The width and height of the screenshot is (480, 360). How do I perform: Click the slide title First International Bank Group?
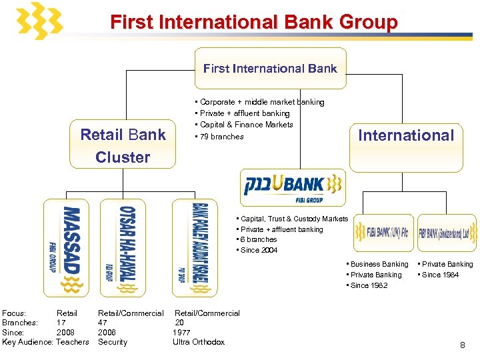(x=253, y=22)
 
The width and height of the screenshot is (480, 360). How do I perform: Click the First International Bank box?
(x=270, y=68)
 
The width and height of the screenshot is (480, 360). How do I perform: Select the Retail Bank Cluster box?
(x=123, y=146)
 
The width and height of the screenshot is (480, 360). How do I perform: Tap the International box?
(x=405, y=135)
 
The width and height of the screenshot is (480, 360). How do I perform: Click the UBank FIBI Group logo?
(x=293, y=187)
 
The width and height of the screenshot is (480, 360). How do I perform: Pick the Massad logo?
(x=65, y=247)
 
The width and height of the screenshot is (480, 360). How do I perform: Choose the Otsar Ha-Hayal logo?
(x=122, y=247)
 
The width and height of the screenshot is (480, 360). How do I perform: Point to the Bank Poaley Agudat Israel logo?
(x=194, y=247)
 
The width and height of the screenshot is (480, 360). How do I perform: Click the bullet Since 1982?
(x=369, y=285)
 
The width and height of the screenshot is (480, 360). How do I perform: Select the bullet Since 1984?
(x=440, y=275)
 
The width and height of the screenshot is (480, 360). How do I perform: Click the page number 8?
(x=462, y=345)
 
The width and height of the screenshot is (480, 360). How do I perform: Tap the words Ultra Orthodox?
(x=199, y=342)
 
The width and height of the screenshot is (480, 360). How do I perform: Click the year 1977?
(x=181, y=332)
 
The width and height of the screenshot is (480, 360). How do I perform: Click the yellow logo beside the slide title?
(x=39, y=21)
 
